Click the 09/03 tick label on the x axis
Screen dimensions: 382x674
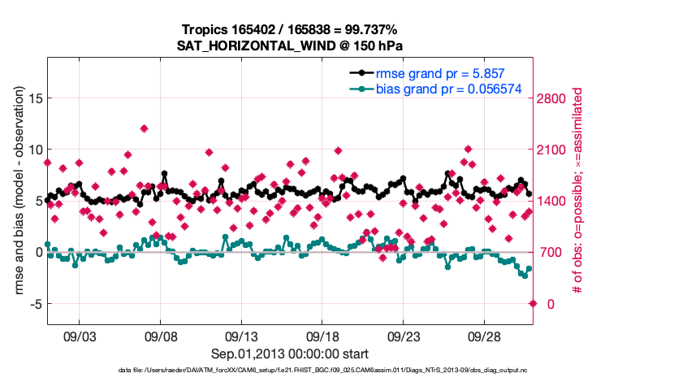click(79, 336)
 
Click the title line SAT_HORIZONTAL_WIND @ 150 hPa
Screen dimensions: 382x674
click(290, 46)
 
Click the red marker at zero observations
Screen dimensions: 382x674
click(533, 303)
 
